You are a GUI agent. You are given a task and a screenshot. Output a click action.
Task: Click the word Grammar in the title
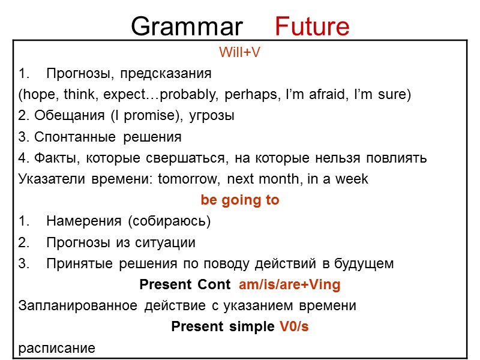pyautogui.click(x=187, y=26)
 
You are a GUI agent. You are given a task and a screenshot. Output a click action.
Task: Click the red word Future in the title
pyautogui.click(x=311, y=26)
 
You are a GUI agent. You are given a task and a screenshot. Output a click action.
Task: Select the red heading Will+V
pyautogui.click(x=239, y=53)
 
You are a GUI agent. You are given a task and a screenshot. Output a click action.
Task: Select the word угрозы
pyautogui.click(x=214, y=116)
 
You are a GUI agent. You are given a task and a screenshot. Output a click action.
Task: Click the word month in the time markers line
pyautogui.click(x=281, y=179)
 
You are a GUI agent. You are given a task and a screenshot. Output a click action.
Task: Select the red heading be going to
pyautogui.click(x=239, y=200)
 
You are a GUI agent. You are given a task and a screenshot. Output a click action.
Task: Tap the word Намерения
pyautogui.click(x=83, y=221)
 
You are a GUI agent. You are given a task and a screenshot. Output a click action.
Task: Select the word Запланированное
pyautogui.click(x=78, y=305)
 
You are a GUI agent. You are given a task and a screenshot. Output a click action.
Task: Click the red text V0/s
pyautogui.click(x=294, y=326)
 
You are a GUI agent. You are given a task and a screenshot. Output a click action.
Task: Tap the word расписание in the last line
pyautogui.click(x=56, y=348)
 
